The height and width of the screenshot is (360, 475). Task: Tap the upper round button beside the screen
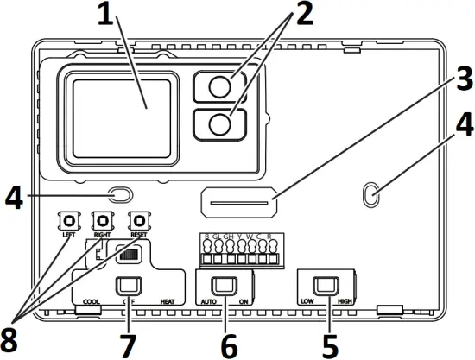pos(220,86)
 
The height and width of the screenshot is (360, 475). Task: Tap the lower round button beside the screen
pos(220,124)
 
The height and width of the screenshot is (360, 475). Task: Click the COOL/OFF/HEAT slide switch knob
pos(130,285)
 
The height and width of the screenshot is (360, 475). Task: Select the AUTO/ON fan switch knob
pos(225,284)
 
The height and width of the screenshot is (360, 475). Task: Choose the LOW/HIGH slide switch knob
pos(326,284)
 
